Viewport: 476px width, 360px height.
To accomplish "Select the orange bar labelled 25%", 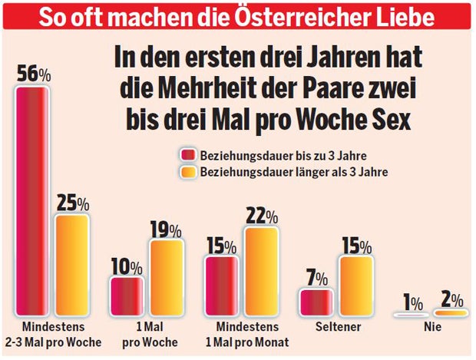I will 72,265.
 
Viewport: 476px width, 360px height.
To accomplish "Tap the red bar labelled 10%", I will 127,296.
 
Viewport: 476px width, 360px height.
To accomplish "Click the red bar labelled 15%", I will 221,286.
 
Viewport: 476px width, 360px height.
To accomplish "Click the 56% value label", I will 35,74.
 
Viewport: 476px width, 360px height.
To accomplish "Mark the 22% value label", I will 261,216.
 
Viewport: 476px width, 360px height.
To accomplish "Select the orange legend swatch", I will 187,172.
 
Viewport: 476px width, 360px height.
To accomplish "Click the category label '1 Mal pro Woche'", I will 146,335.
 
